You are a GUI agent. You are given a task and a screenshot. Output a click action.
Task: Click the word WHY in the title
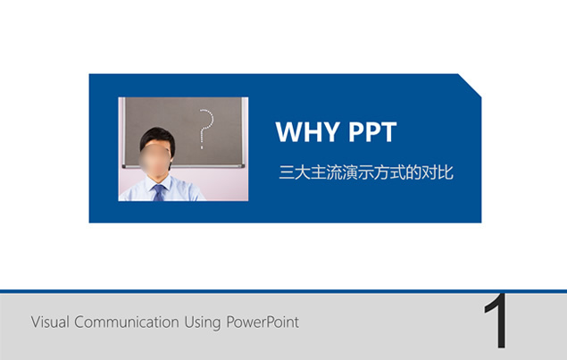307,131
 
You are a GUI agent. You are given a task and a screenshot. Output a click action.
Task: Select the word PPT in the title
372,131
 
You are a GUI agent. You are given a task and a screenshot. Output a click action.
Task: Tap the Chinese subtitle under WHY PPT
366,172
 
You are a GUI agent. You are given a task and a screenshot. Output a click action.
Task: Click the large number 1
496,321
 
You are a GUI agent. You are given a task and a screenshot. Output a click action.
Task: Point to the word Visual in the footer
50,322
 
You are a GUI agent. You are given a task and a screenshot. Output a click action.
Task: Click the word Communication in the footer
127,322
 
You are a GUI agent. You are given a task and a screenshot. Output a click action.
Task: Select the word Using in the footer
203,322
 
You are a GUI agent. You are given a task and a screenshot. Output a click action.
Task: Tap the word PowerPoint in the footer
263,322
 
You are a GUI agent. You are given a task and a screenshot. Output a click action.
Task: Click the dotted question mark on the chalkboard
206,129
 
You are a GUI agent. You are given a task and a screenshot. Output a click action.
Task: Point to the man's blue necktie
159,192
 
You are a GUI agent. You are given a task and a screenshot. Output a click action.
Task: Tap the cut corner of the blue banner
470,86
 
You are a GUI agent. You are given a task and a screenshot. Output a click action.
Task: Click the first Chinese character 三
287,172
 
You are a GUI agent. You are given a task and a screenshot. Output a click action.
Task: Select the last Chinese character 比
446,172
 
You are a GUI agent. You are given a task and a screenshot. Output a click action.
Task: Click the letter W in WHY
289,131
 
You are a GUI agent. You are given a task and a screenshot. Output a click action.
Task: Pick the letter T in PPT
388,131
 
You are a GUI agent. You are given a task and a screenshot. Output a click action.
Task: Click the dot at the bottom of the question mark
202,147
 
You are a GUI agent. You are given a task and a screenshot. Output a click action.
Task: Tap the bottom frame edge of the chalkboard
183,166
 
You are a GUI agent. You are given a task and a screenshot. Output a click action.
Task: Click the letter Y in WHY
331,131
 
